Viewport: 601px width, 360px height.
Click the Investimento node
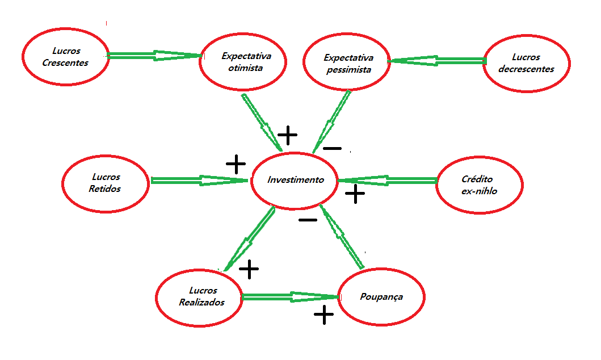295,180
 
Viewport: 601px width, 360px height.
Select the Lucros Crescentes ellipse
65,57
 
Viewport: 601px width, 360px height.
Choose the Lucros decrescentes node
526,63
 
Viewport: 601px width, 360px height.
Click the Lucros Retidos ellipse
105,183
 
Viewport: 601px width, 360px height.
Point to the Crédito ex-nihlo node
480,185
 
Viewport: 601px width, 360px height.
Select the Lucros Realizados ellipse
199,296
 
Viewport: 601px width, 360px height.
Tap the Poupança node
381,297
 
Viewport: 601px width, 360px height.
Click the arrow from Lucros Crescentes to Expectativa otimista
153,55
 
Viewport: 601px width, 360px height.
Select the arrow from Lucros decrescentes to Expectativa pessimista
437,60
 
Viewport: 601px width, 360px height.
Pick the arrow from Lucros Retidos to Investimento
199,181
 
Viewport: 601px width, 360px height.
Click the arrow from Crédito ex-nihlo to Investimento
388,181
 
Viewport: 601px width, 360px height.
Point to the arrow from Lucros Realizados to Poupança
289,296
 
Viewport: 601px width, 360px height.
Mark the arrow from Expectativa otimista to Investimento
261,122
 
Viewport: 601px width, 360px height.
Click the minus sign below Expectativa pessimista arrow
332,149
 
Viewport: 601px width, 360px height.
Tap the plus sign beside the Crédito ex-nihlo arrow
355,194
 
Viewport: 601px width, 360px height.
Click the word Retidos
105,189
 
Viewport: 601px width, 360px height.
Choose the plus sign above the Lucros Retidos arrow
236,165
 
